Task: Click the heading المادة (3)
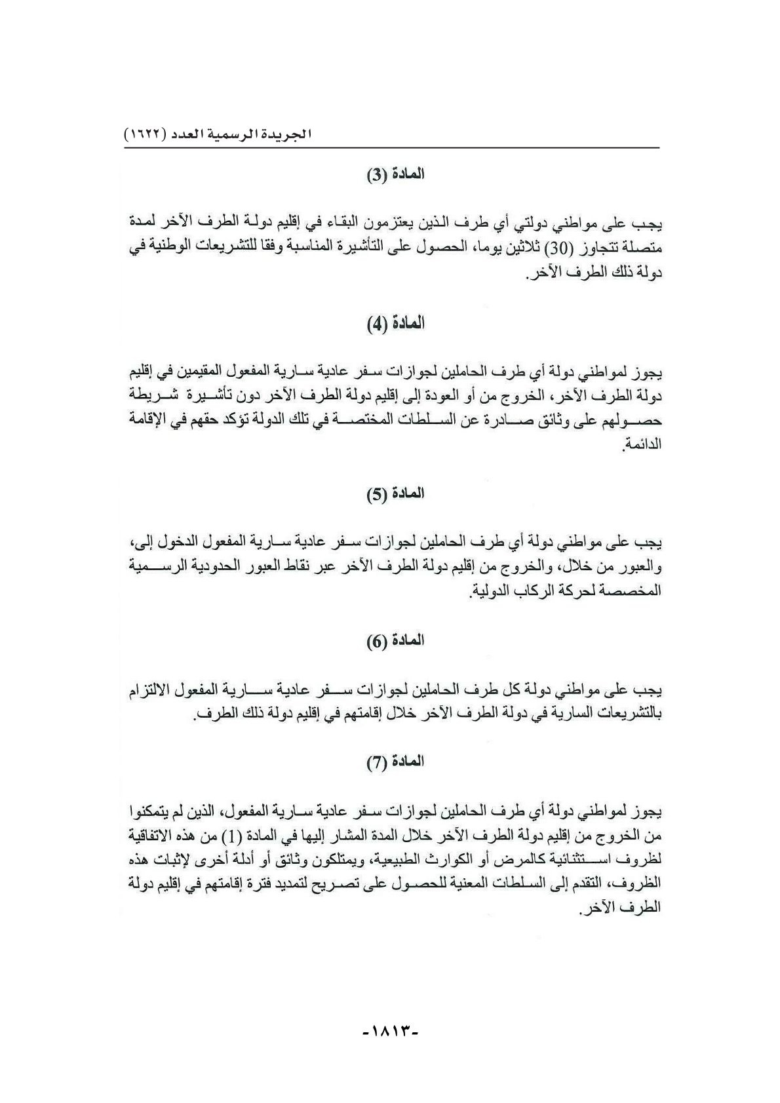395,176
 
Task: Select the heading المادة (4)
395,324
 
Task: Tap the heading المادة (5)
395,493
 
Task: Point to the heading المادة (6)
395,640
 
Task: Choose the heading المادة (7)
395,762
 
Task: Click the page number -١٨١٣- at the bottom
390,1049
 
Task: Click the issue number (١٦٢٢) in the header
146,136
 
